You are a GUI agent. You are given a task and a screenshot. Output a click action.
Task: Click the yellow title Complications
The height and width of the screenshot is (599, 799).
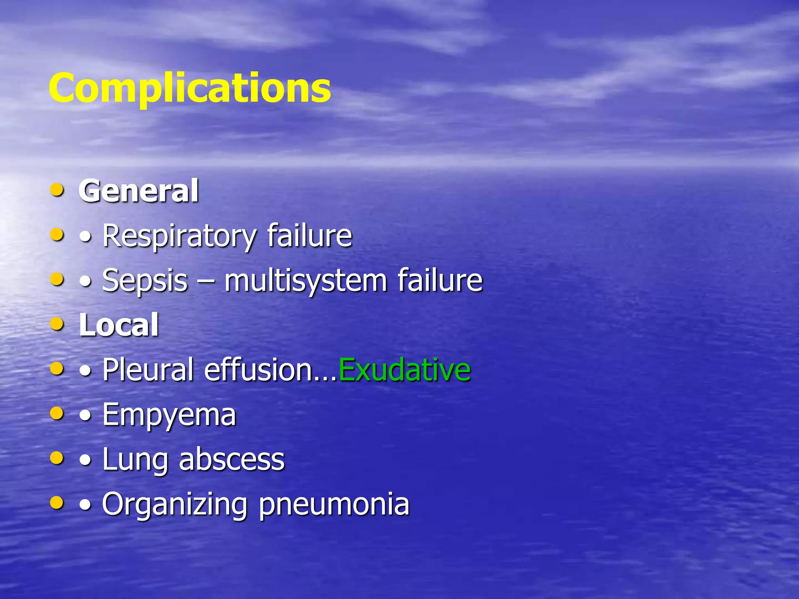pos(190,88)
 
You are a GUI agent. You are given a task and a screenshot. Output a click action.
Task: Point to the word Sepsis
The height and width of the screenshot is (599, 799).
pos(145,281)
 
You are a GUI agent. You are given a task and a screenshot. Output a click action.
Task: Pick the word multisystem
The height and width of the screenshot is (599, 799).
pos(305,281)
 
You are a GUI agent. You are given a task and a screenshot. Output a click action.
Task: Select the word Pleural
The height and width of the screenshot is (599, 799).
pos(148,369)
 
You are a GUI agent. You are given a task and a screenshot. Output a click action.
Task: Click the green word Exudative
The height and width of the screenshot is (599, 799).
pos(405,369)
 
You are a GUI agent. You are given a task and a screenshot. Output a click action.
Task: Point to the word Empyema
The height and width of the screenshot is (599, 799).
pos(169,415)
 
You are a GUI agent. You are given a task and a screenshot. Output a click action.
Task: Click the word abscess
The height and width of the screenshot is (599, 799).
pos(232,459)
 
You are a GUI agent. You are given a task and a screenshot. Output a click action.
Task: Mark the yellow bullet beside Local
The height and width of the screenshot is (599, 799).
pos(57,324)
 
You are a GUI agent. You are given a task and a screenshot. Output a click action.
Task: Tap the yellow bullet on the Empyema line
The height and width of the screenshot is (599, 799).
pos(57,413)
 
